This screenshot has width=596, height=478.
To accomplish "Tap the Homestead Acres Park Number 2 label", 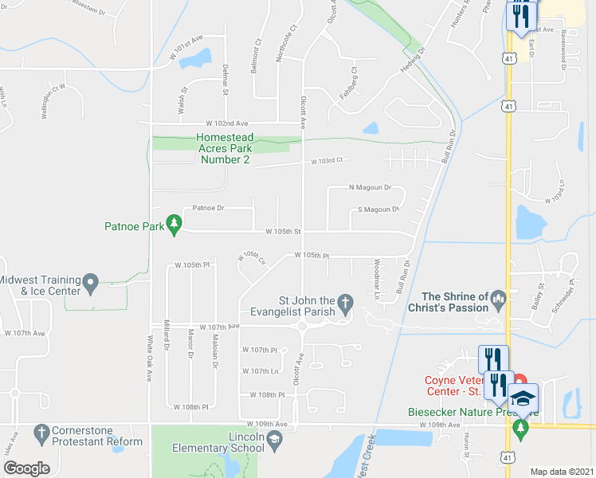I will click(224, 149).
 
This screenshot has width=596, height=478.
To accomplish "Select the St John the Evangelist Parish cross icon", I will click(345, 301).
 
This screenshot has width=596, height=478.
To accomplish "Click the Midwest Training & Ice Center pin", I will click(91, 280).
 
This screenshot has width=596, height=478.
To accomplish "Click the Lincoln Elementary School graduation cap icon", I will click(274, 441).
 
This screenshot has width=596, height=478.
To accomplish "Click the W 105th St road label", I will click(283, 232).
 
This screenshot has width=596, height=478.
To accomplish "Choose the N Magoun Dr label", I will click(371, 188).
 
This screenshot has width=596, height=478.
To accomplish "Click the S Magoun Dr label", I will click(378, 210).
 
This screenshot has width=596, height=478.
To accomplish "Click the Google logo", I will click(26, 468).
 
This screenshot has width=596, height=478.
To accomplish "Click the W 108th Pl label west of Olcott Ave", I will click(267, 394).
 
